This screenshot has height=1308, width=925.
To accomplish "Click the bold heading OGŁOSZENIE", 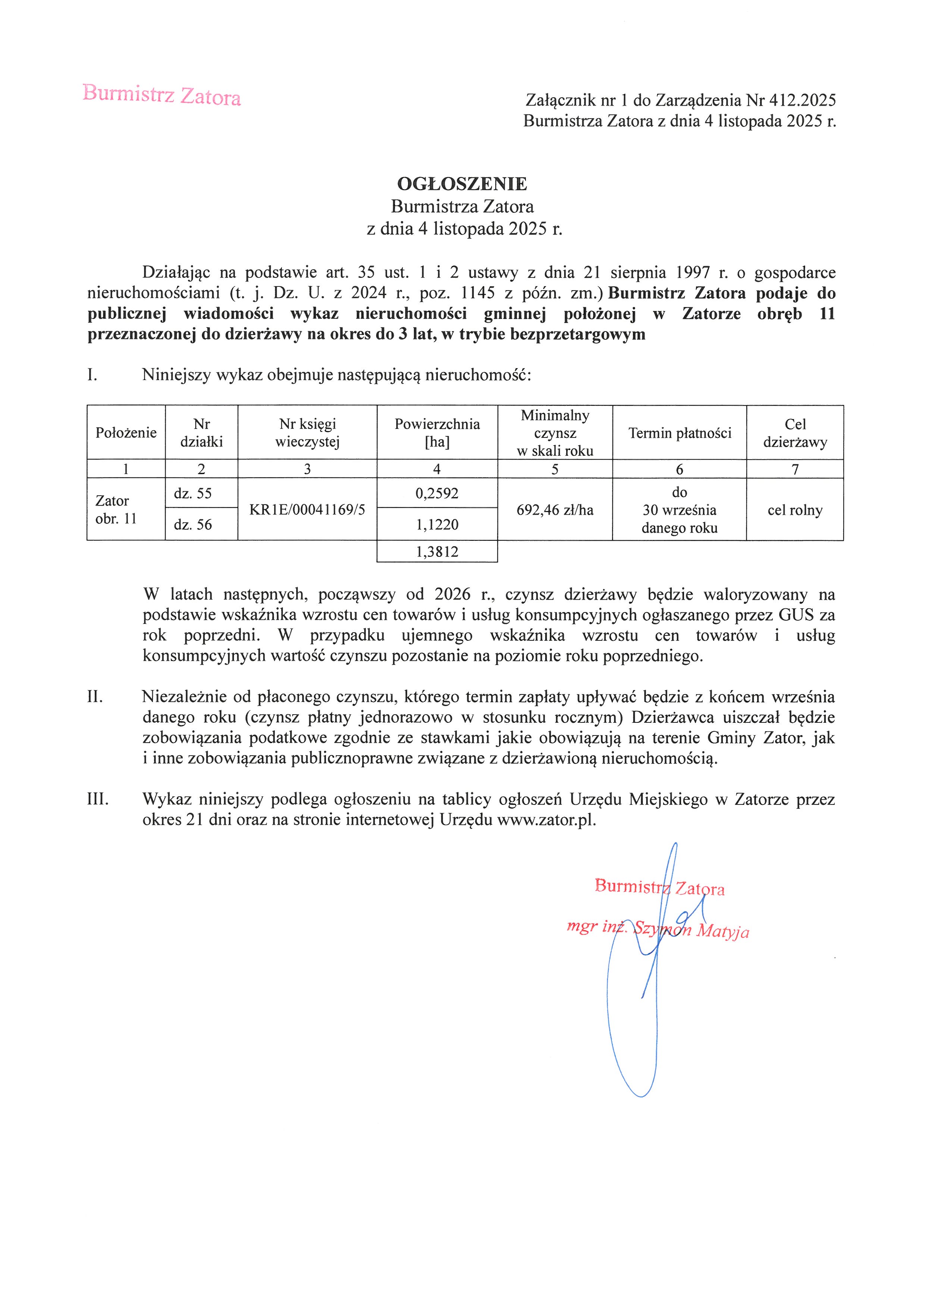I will pyautogui.click(x=462, y=184).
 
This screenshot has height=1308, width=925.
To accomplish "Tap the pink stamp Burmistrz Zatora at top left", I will pyautogui.click(x=162, y=95).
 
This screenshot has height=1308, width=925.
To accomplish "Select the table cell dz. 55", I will pyautogui.click(x=193, y=493).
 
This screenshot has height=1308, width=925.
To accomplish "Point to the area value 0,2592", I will pyautogui.click(x=437, y=493).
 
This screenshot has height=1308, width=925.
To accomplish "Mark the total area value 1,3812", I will pyautogui.click(x=437, y=552).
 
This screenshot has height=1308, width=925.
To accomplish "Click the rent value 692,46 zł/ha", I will pyautogui.click(x=555, y=510).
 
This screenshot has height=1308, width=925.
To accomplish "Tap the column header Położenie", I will pyautogui.click(x=126, y=433).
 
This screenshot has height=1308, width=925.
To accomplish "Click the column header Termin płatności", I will pyautogui.click(x=680, y=433).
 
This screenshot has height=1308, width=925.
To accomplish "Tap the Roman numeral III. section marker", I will pyautogui.click(x=97, y=799).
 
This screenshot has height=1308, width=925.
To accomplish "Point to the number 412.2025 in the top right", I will pyautogui.click(x=802, y=101).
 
